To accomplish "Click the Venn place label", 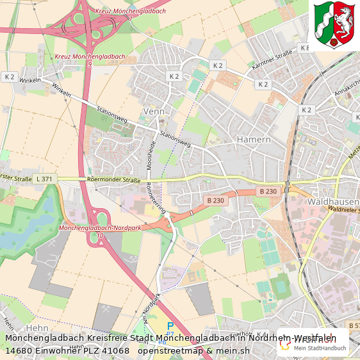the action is click(154, 111).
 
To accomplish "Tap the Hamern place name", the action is click(254, 139).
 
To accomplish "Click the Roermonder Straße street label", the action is click(113, 181).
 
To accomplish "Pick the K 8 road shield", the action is click(304, 48).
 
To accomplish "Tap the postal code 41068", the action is click(115, 350).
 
